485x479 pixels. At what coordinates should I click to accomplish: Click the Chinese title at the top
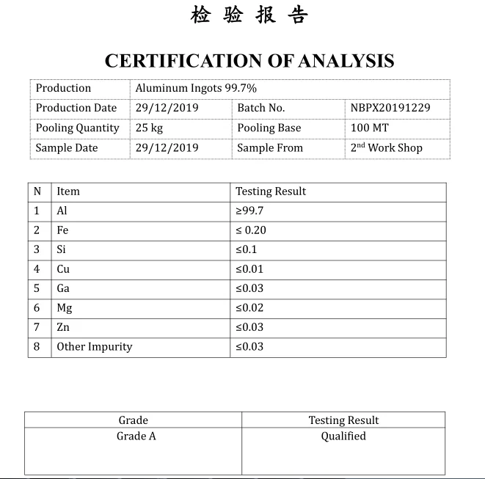[x=249, y=15]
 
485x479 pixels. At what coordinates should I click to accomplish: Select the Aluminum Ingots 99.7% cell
[x=196, y=88]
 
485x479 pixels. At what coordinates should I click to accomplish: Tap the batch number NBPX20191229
[x=390, y=108]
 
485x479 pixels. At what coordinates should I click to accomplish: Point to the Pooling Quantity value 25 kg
[x=149, y=128]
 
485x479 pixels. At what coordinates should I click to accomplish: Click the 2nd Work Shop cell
[x=386, y=147]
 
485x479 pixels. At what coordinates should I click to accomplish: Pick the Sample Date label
[x=67, y=147]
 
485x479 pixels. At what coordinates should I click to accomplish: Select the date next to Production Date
[x=167, y=108]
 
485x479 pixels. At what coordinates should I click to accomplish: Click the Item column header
[x=68, y=191]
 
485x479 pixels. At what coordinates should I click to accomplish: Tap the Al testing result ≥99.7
[x=249, y=211]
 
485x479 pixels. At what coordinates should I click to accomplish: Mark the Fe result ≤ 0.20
[x=251, y=230]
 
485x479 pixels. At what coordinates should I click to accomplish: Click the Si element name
[x=62, y=249]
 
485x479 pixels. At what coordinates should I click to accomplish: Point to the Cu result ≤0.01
[x=249, y=269]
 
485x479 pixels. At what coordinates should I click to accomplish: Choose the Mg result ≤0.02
[x=249, y=308]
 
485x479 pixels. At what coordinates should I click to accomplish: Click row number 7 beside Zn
[x=37, y=327]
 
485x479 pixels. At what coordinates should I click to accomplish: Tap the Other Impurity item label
[x=95, y=347]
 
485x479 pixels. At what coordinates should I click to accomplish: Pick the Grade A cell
[x=136, y=436]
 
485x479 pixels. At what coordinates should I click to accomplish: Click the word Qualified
[x=343, y=436]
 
